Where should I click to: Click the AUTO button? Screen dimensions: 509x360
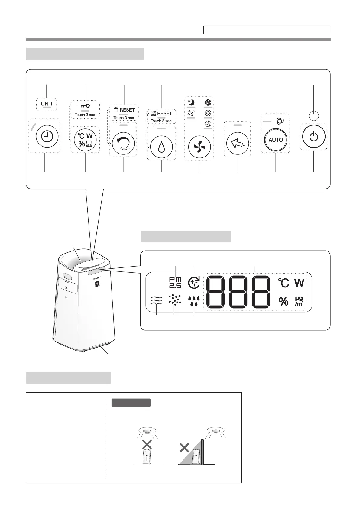(x=275, y=140)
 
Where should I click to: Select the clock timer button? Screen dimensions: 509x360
(x=45, y=137)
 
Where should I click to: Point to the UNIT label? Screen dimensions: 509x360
(x=47, y=104)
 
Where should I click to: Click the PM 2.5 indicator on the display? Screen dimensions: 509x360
(x=175, y=282)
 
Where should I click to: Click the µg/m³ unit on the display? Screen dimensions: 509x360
(x=299, y=301)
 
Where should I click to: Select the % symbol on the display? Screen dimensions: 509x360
(x=283, y=301)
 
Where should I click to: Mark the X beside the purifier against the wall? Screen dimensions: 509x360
(x=184, y=448)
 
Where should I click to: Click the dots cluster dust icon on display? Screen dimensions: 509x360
(x=174, y=300)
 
